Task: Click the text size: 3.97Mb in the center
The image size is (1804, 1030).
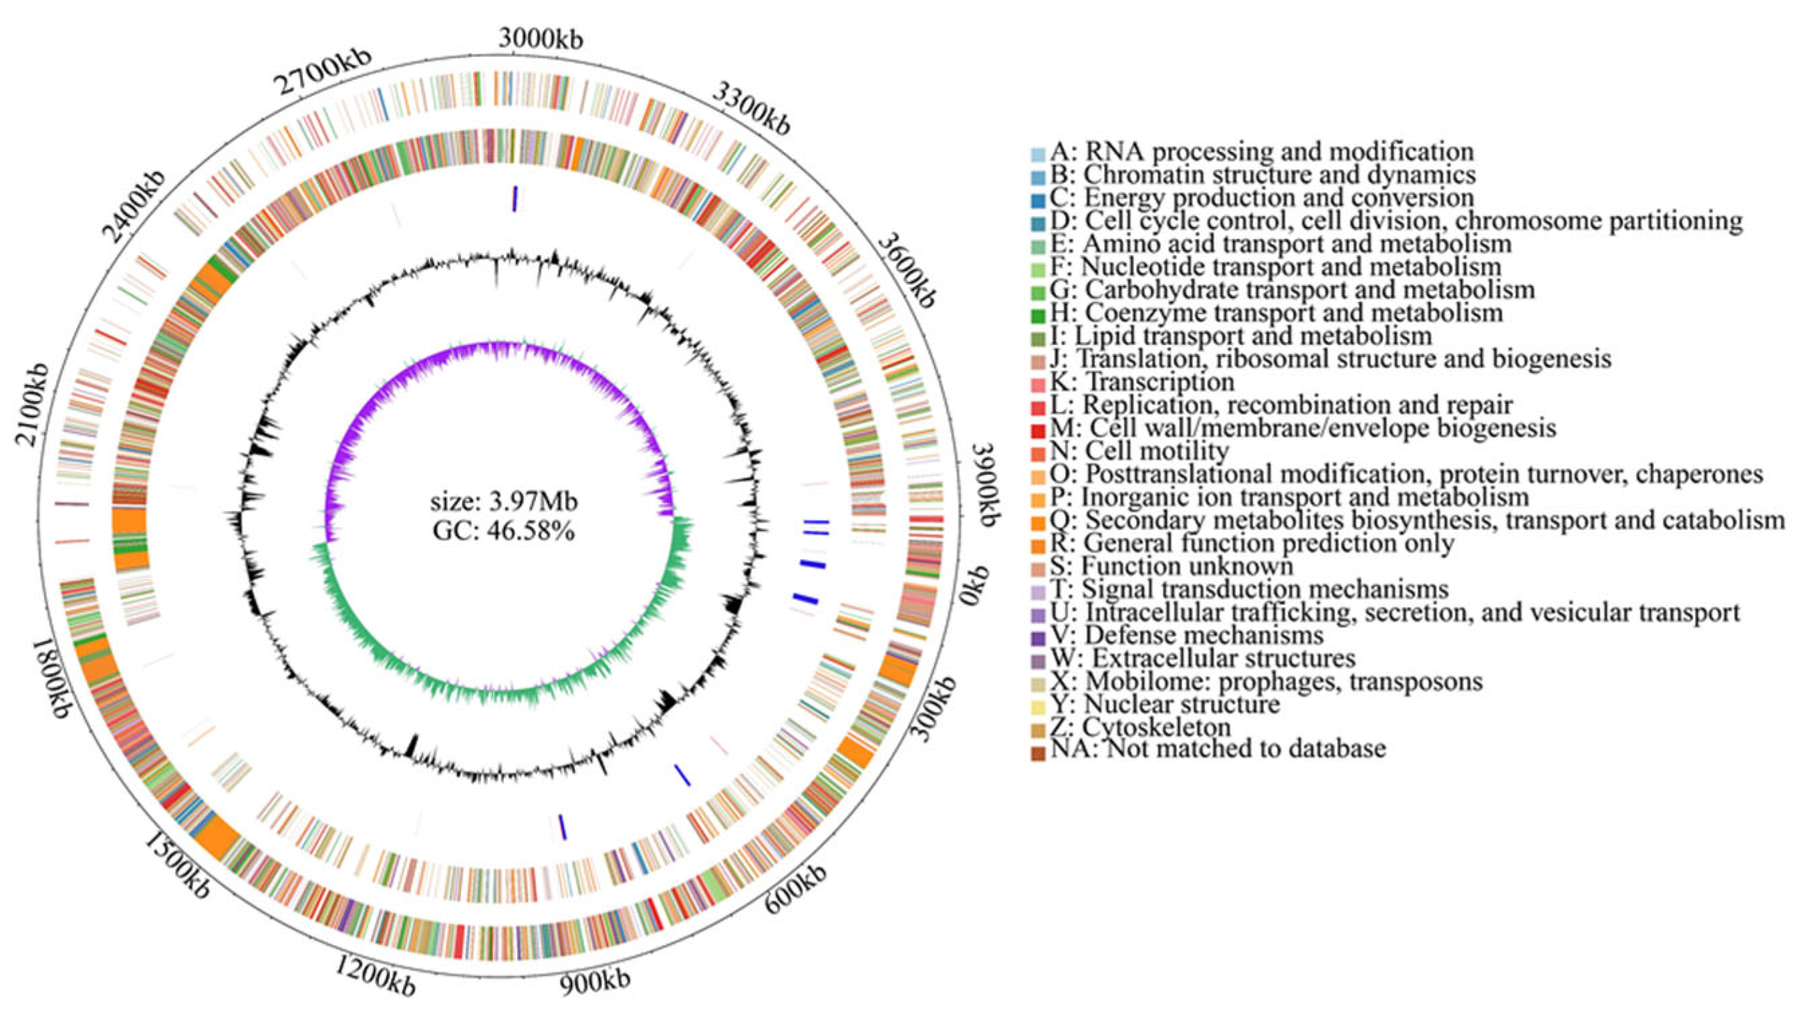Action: click(x=504, y=502)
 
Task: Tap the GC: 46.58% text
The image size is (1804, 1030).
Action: click(x=504, y=530)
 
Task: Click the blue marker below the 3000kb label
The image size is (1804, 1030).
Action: click(x=515, y=198)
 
